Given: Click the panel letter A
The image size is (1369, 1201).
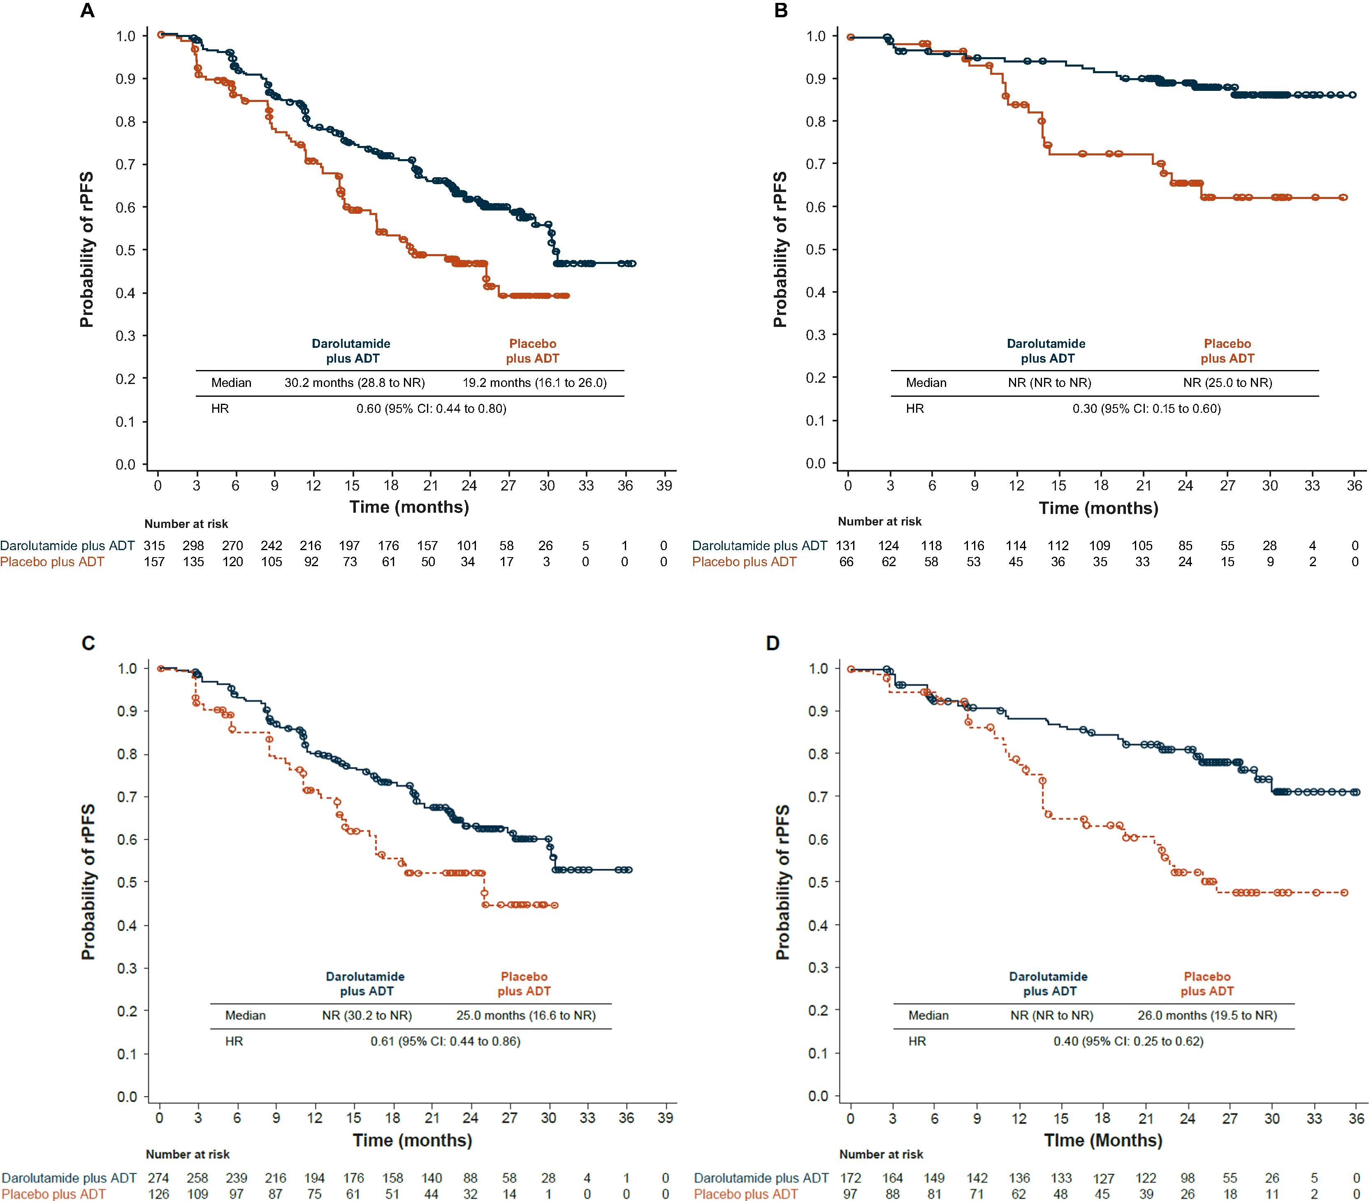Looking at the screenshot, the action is pos(87,12).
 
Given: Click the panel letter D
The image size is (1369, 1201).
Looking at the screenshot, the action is pos(773,644).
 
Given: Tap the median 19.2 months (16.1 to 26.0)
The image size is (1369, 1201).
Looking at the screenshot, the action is pos(534,383).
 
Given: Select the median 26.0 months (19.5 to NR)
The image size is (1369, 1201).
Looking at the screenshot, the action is pos(1207,1016).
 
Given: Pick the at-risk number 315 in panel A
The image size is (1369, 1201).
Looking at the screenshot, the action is pos(155,546).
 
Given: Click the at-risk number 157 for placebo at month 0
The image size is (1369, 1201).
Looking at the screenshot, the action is pos(155,562).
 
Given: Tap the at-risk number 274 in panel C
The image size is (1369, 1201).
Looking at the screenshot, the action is pos(159,1178).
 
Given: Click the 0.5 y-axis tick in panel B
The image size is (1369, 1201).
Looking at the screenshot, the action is pos(816,250).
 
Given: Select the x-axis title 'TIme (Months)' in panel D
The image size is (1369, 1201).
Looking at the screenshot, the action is pos(1103,1140).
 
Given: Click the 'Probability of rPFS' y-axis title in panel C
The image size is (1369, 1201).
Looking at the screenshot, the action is pos(88,882).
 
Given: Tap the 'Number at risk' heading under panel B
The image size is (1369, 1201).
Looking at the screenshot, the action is pos(880,521).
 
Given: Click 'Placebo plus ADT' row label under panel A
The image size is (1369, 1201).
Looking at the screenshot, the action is pos(52,562).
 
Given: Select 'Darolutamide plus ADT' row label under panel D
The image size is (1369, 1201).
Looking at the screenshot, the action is pos(761,1178).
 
